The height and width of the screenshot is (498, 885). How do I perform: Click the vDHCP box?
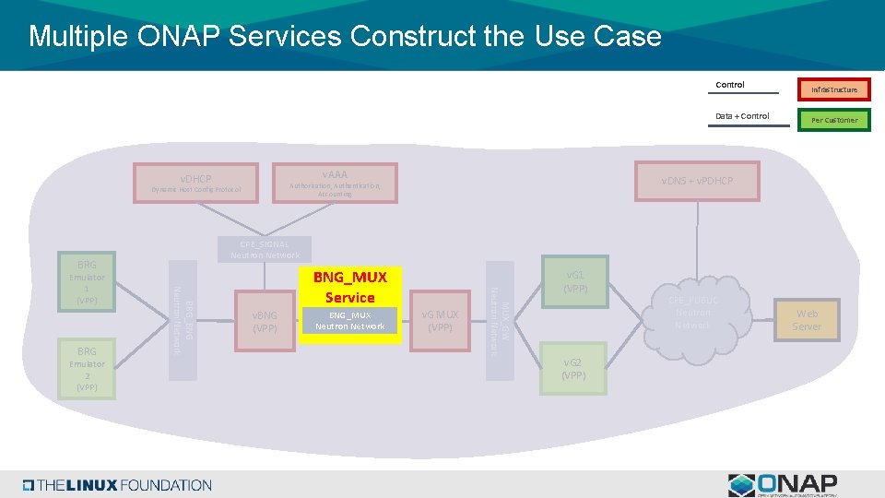click(195, 183)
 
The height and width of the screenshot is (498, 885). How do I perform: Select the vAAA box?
click(335, 183)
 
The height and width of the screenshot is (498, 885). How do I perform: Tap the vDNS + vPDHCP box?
click(696, 181)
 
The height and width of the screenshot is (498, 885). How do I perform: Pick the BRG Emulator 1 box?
click(87, 282)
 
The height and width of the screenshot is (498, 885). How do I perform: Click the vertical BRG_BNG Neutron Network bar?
click(182, 320)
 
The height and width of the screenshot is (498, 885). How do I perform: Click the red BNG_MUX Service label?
click(349, 287)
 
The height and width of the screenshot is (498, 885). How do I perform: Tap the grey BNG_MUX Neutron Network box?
click(349, 320)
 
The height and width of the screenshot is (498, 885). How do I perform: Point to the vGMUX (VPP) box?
click(441, 321)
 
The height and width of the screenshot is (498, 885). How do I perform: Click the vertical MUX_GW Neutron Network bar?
click(499, 320)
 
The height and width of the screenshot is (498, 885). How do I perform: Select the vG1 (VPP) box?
click(575, 281)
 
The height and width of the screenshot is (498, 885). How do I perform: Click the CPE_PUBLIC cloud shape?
click(692, 314)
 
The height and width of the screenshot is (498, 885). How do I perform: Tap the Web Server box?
click(806, 320)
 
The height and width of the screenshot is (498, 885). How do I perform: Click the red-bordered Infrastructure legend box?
click(833, 89)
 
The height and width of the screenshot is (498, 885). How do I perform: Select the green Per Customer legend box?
click(833, 120)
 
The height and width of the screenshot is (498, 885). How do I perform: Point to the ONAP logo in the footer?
click(783, 485)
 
